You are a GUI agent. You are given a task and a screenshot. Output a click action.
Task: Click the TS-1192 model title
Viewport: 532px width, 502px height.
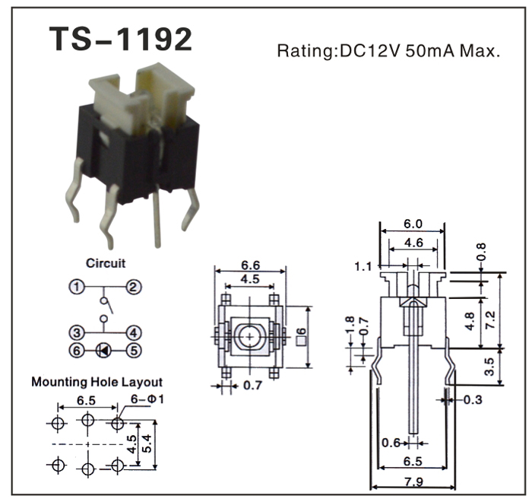click(x=121, y=39)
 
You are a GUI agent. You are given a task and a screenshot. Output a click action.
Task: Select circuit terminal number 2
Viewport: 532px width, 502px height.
click(x=133, y=288)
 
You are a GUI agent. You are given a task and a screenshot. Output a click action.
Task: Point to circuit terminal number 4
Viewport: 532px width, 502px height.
click(x=133, y=332)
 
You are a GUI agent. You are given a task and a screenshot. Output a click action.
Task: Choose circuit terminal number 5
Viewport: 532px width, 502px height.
click(x=133, y=351)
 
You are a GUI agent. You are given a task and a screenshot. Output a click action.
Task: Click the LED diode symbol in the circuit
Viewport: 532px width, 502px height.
click(x=104, y=351)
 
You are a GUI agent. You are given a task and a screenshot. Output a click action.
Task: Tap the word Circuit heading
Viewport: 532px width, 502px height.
click(x=106, y=263)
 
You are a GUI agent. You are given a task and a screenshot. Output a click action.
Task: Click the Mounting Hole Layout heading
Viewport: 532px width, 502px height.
click(x=97, y=382)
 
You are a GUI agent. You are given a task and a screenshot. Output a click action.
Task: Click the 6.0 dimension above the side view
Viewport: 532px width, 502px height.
click(x=413, y=224)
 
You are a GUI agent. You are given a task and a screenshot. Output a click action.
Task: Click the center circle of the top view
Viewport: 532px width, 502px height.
click(x=250, y=335)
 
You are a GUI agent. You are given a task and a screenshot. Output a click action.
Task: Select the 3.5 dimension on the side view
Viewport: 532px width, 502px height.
click(x=490, y=367)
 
